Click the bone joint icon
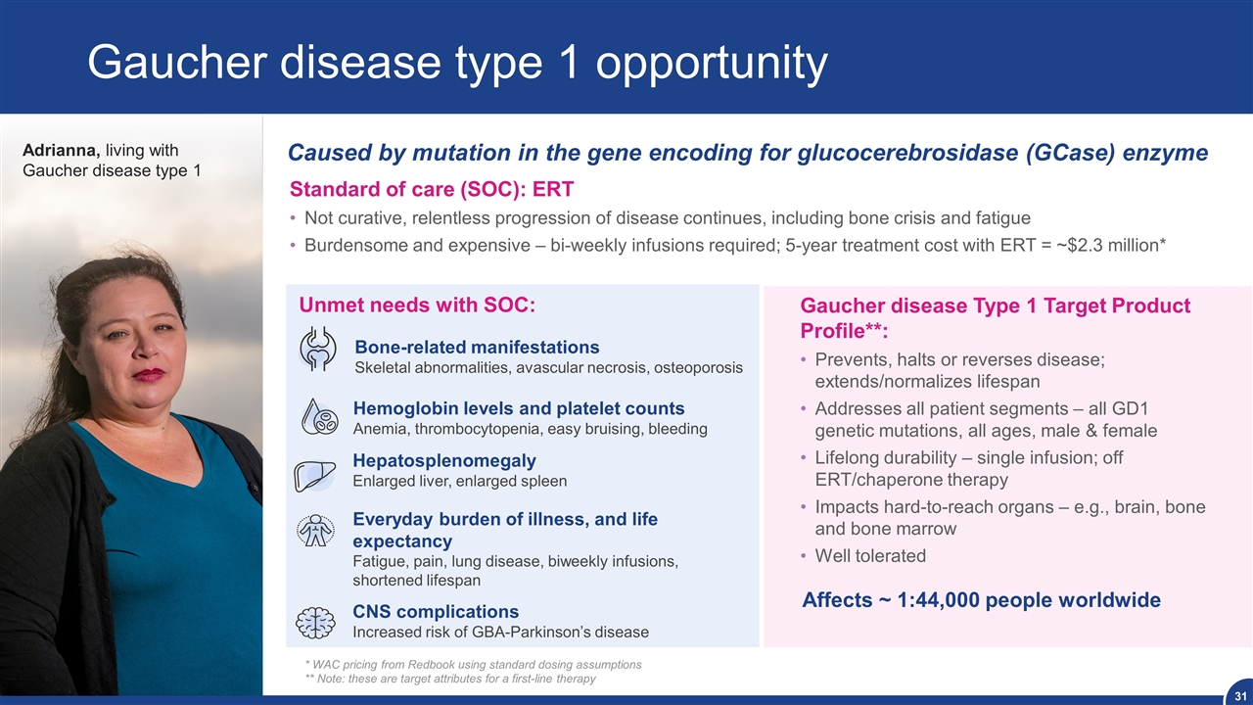pos(318,350)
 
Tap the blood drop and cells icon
pos(319,416)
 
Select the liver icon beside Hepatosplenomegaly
pos(315,476)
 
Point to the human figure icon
pos(315,531)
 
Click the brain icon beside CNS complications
pos(315,623)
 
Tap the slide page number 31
pos(1240,696)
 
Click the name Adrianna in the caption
pos(62,150)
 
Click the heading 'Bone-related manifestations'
pos(477,347)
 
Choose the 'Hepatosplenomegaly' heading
pos(444,460)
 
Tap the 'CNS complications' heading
pos(436,611)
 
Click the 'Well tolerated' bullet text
pos(870,555)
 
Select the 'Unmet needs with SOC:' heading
pos(417,305)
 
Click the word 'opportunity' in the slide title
pos(712,63)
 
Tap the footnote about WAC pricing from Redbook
pos(473,664)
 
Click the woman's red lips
pos(148,374)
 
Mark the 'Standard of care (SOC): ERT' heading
pos(432,189)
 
